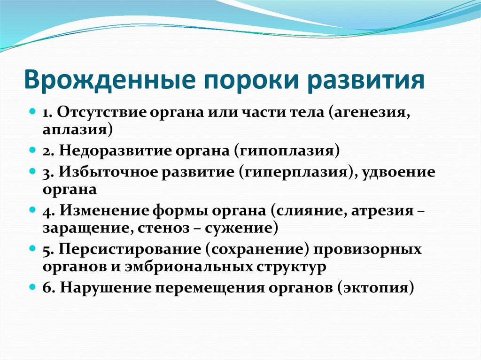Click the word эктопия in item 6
[375, 287]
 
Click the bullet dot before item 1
[32, 113]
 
